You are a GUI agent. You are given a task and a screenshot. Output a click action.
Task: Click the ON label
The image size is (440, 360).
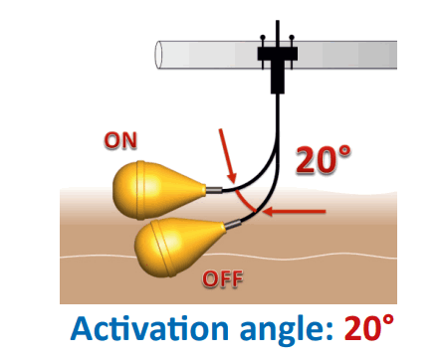(x=120, y=139)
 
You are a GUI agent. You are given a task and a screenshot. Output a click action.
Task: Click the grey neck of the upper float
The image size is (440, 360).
(x=211, y=186)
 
